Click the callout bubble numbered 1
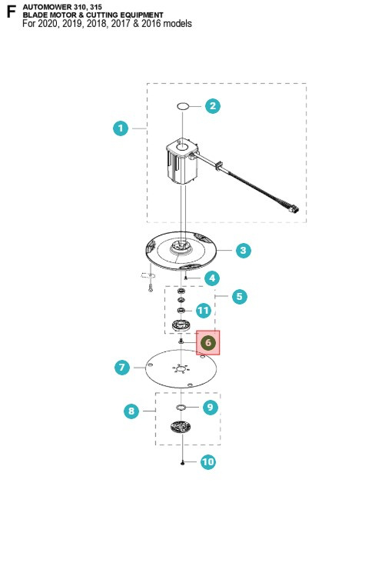coord(121,128)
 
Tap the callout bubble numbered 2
coord(213,106)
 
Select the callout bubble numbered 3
coord(244,250)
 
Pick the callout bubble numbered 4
coord(212,278)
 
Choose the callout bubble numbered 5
coord(240,297)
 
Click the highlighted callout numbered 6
coord(208,342)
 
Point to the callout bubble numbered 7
coord(122,368)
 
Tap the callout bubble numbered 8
coord(131,411)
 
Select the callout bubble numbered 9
coord(211,407)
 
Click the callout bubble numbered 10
coord(208,461)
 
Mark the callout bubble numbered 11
coord(204,311)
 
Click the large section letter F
coord(12,12)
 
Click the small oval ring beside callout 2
coord(183,106)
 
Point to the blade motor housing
coord(182,161)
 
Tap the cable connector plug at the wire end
coord(294,208)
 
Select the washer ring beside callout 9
coord(181,408)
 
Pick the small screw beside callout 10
coord(183,462)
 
